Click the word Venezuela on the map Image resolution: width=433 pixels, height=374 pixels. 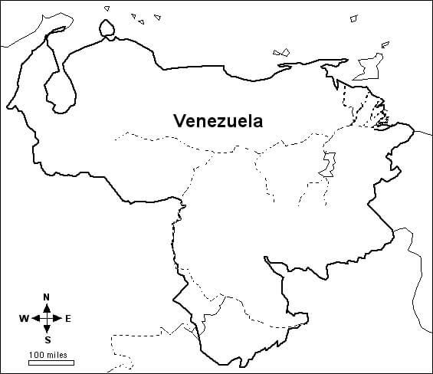tap(218, 120)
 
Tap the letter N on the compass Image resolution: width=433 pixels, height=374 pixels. tap(47, 297)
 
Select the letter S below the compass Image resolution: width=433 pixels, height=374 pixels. tap(47, 339)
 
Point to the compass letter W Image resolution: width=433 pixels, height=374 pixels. tap(24, 318)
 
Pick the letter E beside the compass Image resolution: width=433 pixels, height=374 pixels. tap(68, 318)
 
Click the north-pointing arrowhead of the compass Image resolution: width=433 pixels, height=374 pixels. tap(47, 306)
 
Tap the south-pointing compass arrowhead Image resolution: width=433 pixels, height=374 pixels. tap(47, 330)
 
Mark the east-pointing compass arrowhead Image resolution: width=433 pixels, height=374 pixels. tap(58, 318)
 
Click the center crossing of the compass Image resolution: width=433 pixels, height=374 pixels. tap(47, 318)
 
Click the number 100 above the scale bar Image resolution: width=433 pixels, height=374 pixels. tap(38, 354)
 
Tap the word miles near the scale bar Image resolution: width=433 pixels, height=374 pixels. tap(56, 354)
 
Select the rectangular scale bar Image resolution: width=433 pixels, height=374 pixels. tap(51, 363)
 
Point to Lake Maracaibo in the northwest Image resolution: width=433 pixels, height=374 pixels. tap(61, 84)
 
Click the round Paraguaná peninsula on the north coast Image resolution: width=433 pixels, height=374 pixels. tap(108, 28)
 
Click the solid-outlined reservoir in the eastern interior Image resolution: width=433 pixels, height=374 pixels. tap(330, 163)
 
